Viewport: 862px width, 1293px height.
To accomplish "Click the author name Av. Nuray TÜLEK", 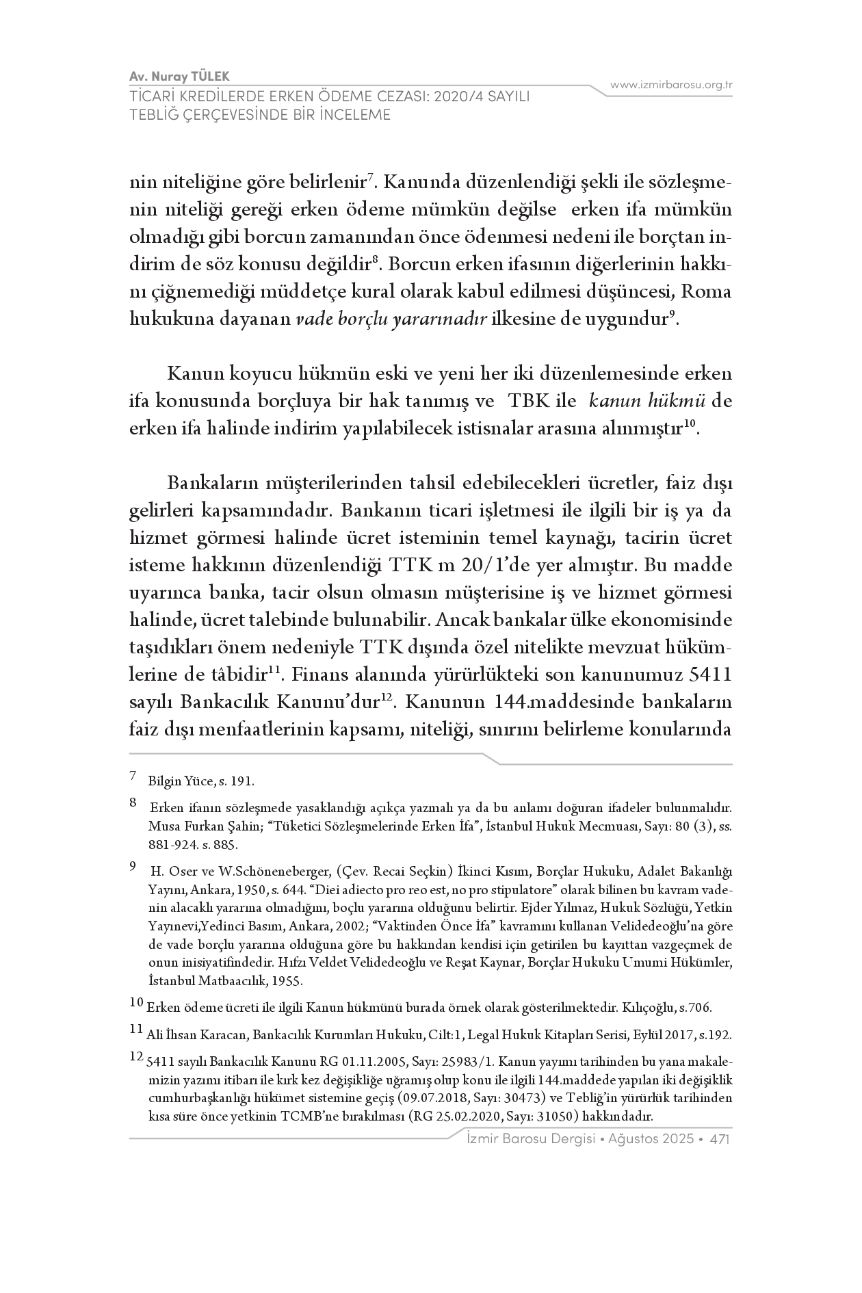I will (x=184, y=75).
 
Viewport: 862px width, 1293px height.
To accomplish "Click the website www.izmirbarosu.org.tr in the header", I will (x=671, y=85).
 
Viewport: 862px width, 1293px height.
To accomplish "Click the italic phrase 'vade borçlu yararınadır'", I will (x=391, y=319).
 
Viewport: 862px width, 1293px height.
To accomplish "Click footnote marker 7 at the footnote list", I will (x=133, y=776).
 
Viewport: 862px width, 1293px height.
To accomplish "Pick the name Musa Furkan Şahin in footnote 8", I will (x=196, y=826).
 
